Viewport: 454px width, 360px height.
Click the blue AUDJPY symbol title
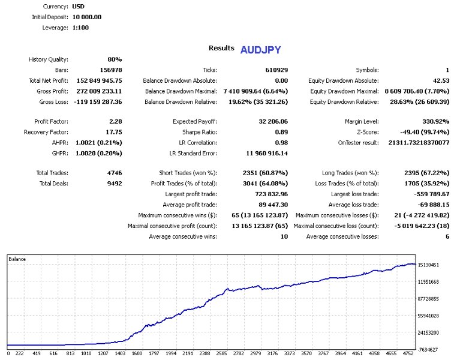tap(260, 49)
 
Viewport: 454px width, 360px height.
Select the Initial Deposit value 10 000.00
tap(87, 17)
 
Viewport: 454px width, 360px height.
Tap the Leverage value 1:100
tap(80, 28)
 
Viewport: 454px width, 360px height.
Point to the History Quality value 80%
tap(115, 59)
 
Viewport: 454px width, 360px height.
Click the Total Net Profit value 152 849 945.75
tap(100, 80)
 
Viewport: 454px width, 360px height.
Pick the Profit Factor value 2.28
tap(116, 121)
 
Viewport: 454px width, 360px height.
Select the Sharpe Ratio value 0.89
tap(281, 132)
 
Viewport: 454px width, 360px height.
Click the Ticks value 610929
tap(276, 70)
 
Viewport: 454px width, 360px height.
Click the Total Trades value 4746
tap(114, 173)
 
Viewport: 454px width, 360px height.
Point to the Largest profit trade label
tap(191, 194)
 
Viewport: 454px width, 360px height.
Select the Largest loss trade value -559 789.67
tap(428, 194)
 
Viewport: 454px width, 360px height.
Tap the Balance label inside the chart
tap(17, 259)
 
